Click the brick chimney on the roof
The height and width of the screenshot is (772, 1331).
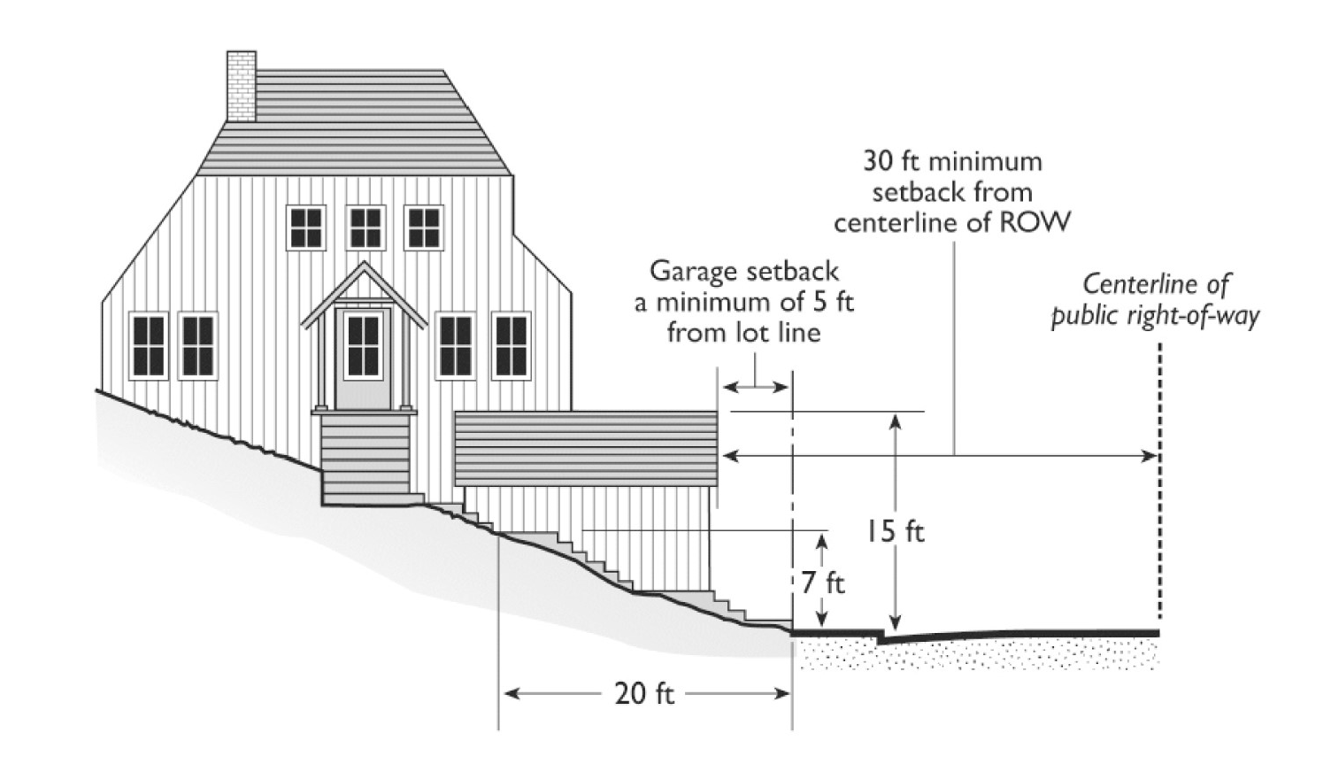tap(242, 86)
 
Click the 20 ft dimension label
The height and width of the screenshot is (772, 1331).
tap(644, 693)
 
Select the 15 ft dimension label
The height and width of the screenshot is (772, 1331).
tap(895, 531)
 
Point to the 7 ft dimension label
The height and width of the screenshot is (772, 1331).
tap(823, 583)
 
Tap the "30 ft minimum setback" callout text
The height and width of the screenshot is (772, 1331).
tap(952, 191)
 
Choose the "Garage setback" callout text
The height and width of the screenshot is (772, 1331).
tap(744, 301)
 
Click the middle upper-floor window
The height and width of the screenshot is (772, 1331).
tap(365, 228)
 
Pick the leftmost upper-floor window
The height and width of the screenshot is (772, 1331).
tap(306, 228)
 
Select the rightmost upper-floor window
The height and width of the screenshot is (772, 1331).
tap(424, 228)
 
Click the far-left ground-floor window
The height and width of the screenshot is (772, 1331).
tap(149, 345)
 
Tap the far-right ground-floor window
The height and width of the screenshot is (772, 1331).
tap(511, 345)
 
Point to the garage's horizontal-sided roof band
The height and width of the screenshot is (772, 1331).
tap(585, 448)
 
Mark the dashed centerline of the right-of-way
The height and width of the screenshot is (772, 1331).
tap(1158, 487)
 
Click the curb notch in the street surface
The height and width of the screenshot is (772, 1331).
tap(881, 636)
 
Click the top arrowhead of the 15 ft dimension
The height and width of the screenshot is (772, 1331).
tap(896, 420)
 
